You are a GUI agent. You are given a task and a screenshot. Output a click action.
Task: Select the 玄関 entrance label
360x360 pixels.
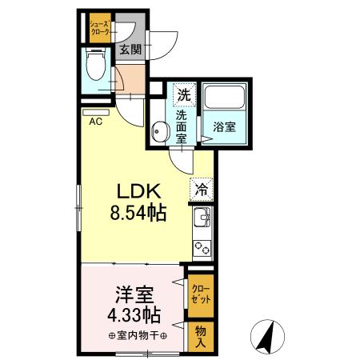click(130, 49)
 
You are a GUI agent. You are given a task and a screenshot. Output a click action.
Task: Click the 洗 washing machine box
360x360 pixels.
click(183, 94)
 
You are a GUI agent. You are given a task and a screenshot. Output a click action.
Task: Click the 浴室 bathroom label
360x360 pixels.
click(224, 126)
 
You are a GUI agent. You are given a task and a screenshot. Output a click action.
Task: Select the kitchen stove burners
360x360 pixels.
click(202, 247)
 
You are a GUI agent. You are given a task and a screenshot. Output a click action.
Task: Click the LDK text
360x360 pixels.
click(141, 192)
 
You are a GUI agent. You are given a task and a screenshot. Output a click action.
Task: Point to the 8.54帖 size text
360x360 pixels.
click(141, 214)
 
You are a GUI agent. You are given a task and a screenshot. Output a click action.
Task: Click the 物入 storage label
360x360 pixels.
click(202, 334)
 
